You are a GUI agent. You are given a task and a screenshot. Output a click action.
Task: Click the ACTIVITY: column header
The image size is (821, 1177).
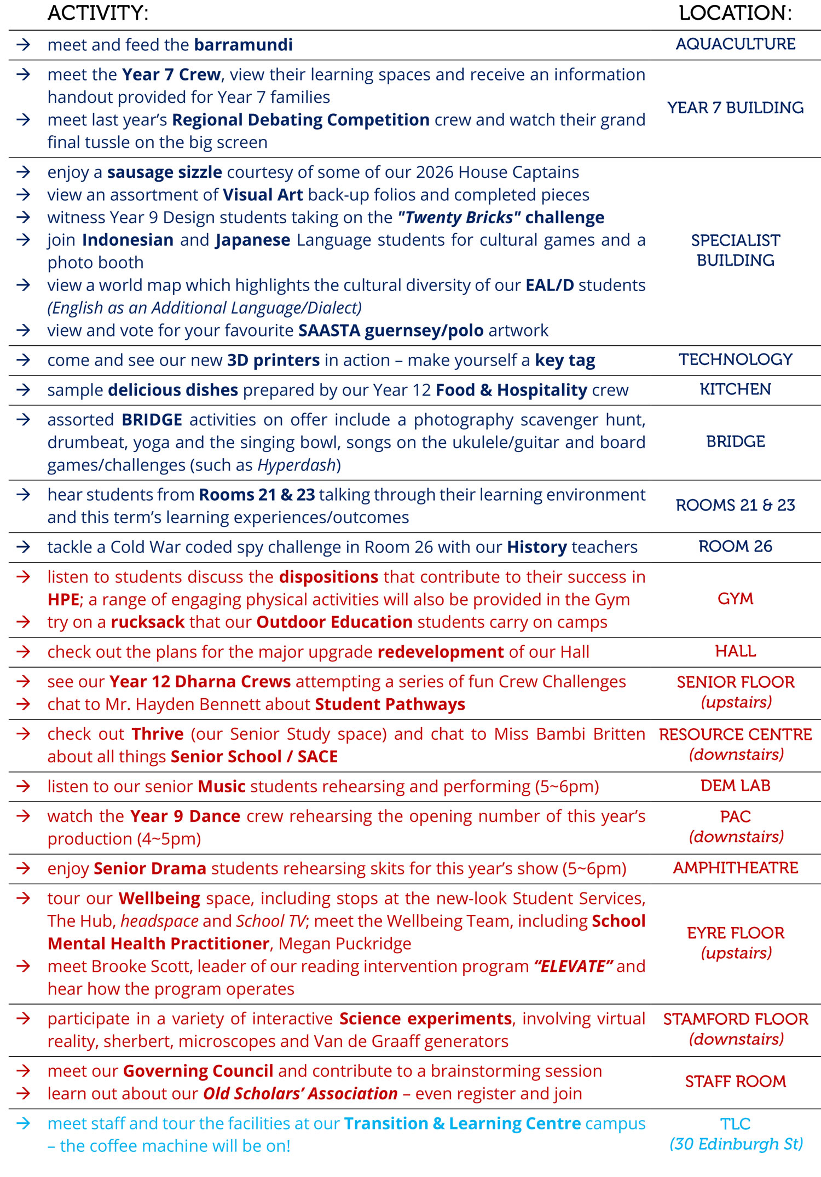click(x=98, y=13)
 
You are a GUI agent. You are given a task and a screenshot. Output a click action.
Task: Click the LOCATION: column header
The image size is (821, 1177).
click(x=735, y=13)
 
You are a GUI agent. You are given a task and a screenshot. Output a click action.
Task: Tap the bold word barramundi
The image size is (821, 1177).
click(x=243, y=45)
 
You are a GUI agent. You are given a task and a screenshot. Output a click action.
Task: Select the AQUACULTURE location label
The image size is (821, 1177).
click(x=735, y=44)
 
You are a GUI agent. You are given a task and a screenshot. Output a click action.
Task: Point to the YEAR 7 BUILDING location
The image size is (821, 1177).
click(x=735, y=108)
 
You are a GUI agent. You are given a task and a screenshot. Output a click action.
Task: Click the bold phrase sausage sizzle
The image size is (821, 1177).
click(x=164, y=172)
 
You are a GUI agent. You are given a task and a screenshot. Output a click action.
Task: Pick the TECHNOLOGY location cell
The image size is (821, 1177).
click(x=735, y=360)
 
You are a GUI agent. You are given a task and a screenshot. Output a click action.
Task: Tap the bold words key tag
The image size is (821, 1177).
click(x=565, y=361)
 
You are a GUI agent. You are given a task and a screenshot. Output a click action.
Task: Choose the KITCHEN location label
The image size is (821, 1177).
click(x=735, y=389)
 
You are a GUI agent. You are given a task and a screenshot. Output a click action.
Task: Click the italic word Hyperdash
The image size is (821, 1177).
click(x=296, y=465)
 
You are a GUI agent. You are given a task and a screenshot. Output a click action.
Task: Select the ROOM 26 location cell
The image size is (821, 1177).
click(x=735, y=546)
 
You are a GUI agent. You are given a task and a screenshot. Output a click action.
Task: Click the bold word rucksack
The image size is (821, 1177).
click(x=148, y=622)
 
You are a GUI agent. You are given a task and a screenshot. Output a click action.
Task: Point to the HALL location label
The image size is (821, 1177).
click(x=735, y=651)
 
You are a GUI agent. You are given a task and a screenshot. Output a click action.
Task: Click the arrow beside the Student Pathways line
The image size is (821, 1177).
click(x=23, y=704)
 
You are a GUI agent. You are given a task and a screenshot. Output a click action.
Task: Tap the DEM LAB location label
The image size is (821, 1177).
click(x=735, y=786)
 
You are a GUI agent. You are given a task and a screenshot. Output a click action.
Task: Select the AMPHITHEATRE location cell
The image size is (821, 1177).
click(x=735, y=868)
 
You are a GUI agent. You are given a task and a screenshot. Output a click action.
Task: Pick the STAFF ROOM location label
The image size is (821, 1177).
click(x=735, y=1081)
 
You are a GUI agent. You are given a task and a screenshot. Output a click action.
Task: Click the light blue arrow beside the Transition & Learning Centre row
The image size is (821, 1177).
click(x=23, y=1123)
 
